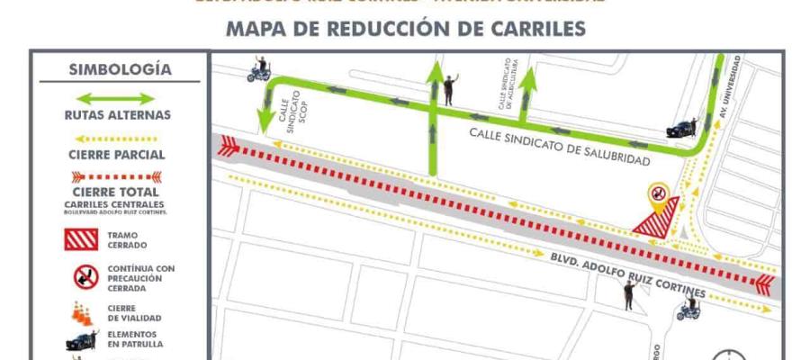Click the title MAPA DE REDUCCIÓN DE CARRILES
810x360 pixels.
click(405, 29)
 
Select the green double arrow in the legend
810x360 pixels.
click(117, 98)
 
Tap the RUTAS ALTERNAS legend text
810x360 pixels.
click(117, 115)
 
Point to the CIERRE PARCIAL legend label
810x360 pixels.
click(117, 154)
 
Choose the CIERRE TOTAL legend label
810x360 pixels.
click(117, 191)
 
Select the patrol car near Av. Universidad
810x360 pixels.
click(680, 129)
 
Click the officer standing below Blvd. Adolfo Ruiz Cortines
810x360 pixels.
click(628, 294)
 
